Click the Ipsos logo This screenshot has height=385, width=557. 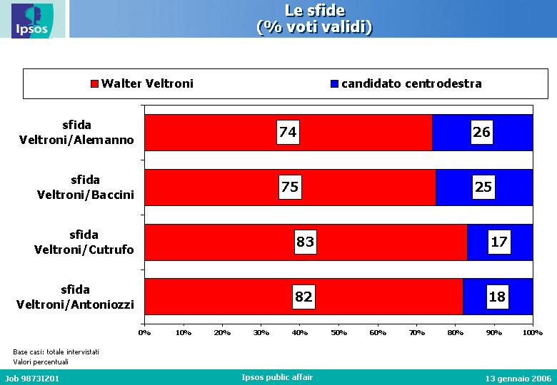pyautogui.click(x=32, y=21)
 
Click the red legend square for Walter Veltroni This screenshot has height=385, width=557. pyautogui.click(x=94, y=83)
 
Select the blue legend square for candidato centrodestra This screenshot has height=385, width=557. pyautogui.click(x=334, y=83)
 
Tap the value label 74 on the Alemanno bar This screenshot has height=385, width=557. pyautogui.click(x=288, y=132)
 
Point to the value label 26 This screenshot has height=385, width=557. pyautogui.click(x=482, y=132)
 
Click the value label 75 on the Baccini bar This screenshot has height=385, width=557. pyautogui.click(x=290, y=188)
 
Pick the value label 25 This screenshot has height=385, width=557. pyautogui.click(x=484, y=188)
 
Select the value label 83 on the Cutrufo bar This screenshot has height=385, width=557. pyautogui.click(x=306, y=242)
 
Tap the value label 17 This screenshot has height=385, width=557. pyautogui.click(x=499, y=242)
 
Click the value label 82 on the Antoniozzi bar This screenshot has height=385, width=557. pyautogui.click(x=303, y=297)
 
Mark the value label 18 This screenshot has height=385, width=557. pyautogui.click(x=497, y=297)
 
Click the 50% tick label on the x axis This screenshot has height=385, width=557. pyautogui.click(x=338, y=333)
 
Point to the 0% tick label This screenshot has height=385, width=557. pyautogui.click(x=144, y=333)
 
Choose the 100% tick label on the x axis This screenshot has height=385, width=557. pyautogui.click(x=533, y=333)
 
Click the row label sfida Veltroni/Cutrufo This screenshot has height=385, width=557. pyautogui.click(x=84, y=242)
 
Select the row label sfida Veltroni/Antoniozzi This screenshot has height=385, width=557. pyautogui.click(x=75, y=297)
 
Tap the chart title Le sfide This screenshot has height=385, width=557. pyautogui.click(x=315, y=11)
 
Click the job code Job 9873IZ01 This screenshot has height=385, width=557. pyautogui.click(x=32, y=379)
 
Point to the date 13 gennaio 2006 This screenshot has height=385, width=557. pyautogui.click(x=518, y=379)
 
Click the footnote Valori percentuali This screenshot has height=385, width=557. pyautogui.click(x=41, y=362)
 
